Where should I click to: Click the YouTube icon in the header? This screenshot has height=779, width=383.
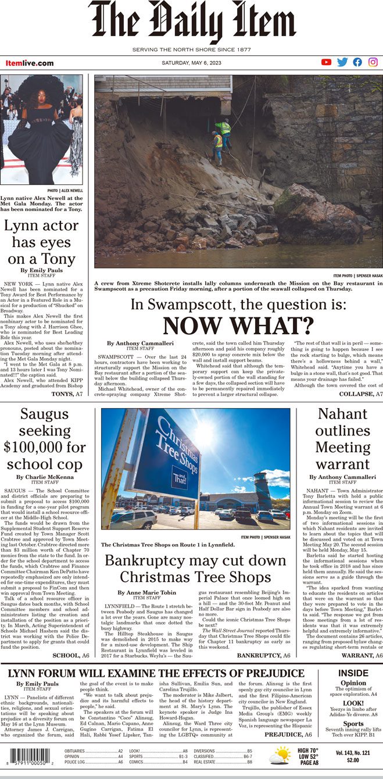click(x=326, y=62)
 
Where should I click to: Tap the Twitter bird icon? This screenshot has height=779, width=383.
click(x=342, y=62)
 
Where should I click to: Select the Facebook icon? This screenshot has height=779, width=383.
click(x=357, y=62)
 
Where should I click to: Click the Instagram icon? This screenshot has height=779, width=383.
click(x=373, y=62)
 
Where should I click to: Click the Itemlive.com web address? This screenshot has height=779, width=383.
click(x=30, y=63)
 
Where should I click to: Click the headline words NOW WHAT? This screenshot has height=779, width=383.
click(x=238, y=325)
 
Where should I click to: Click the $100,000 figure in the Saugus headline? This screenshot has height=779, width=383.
click(x=45, y=447)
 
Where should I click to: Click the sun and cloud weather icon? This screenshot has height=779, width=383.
click(x=280, y=756)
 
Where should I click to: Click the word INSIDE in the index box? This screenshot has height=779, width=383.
click(x=353, y=657)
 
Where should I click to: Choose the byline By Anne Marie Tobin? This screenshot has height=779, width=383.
click(x=138, y=592)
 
